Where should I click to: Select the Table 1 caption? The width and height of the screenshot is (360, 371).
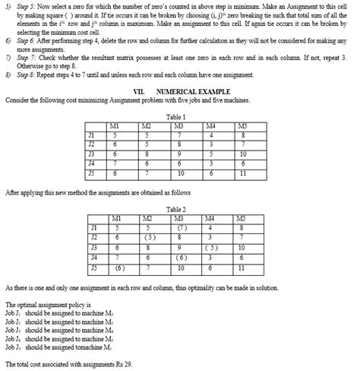tap(177, 116)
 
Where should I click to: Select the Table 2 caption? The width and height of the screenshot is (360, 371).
tap(177, 208)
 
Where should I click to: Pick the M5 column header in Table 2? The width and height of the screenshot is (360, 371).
tap(242, 217)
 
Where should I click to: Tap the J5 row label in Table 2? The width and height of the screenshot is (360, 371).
tap(93, 268)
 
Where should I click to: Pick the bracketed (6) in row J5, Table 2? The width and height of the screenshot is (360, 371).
tap(119, 268)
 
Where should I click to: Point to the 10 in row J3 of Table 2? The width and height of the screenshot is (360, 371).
tap(242, 247)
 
